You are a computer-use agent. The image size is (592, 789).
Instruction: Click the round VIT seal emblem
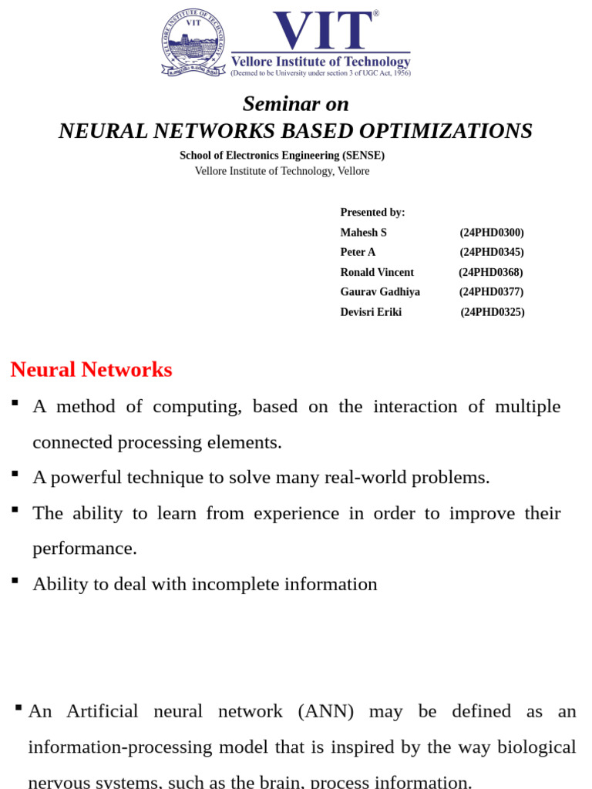(x=193, y=42)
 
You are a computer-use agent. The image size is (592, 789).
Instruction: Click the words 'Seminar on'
(x=296, y=103)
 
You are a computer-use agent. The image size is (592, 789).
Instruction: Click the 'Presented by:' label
(x=372, y=212)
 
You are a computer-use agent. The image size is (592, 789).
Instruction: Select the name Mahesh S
(x=364, y=232)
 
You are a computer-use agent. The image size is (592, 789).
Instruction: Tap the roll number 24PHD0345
(x=492, y=252)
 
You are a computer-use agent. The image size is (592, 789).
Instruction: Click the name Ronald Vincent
(x=377, y=272)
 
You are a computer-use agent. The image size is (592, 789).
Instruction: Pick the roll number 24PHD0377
(x=492, y=292)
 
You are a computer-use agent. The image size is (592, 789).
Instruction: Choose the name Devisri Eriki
(x=371, y=312)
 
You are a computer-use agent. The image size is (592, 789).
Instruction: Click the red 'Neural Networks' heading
(x=91, y=370)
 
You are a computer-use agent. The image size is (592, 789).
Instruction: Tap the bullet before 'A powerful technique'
(x=15, y=474)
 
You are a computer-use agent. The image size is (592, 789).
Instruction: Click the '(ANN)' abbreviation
(x=325, y=711)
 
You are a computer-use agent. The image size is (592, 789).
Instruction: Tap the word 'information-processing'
(x=119, y=747)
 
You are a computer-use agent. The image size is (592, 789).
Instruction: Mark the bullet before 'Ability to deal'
(x=15, y=580)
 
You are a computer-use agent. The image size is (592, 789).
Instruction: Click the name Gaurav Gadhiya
(x=380, y=292)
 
